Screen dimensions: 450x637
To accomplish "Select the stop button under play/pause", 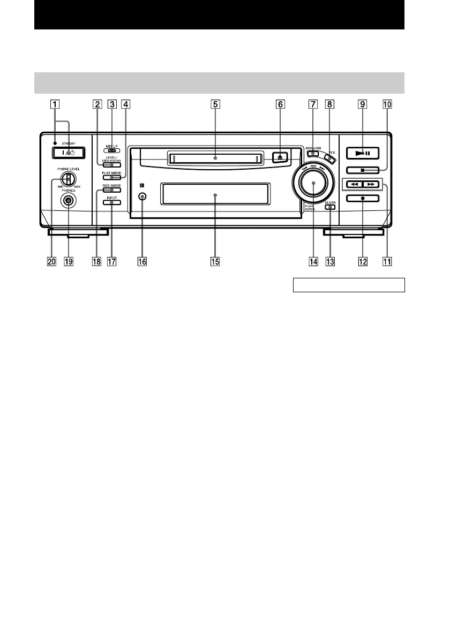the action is click(x=362, y=171).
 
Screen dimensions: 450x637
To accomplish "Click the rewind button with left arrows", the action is click(x=353, y=185).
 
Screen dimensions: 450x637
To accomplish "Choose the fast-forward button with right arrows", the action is click(x=371, y=185).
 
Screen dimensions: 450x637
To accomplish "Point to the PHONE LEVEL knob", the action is click(x=68, y=179).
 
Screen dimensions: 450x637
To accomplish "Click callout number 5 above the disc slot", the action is click(x=215, y=105).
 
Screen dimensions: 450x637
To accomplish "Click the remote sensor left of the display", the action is click(x=142, y=196).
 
